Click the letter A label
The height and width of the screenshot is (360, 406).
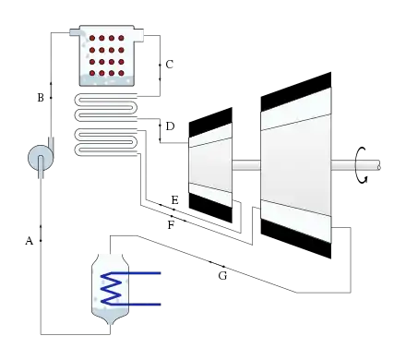29,241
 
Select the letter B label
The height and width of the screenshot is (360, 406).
41,98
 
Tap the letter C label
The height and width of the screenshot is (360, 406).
170,65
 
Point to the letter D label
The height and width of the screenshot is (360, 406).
170,126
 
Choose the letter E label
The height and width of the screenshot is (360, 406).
174,200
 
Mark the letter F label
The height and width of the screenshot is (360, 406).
171,225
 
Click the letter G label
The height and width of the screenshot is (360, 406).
222,276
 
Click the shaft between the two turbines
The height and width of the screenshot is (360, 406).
246,165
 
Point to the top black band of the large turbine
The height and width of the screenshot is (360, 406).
296,91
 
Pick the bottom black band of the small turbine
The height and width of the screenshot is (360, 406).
210,207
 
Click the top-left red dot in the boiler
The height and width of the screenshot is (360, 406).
92,38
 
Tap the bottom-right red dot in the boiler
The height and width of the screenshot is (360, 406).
121,73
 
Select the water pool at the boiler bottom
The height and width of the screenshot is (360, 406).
107,80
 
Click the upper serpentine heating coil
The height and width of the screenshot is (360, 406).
106,107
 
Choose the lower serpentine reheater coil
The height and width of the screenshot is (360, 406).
106,142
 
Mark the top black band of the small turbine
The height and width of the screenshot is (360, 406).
210,122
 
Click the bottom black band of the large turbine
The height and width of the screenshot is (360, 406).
296,238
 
